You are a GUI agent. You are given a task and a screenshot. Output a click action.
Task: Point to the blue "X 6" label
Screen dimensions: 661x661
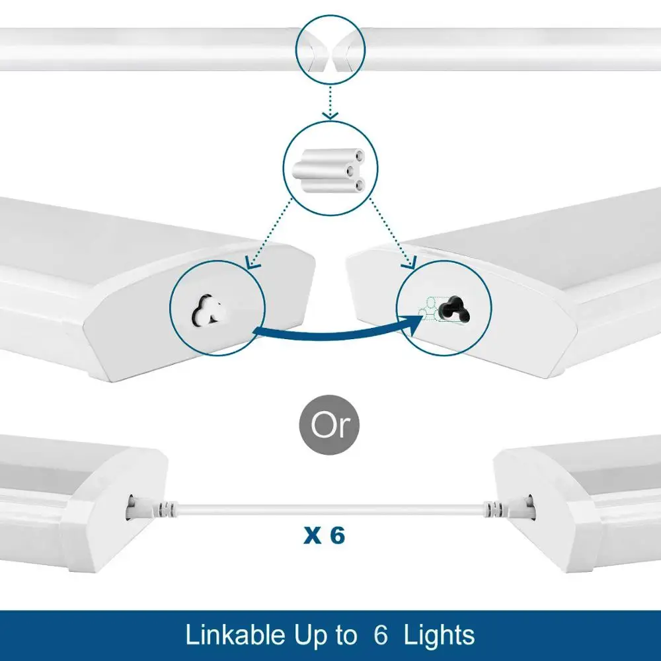tap(324, 535)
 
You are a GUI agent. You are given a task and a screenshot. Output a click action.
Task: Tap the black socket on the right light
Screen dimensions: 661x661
tap(454, 308)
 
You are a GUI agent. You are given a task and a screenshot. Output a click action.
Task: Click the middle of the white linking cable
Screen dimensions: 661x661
tap(330, 509)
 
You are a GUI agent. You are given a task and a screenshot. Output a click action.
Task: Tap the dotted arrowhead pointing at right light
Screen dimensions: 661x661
tap(410, 264)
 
